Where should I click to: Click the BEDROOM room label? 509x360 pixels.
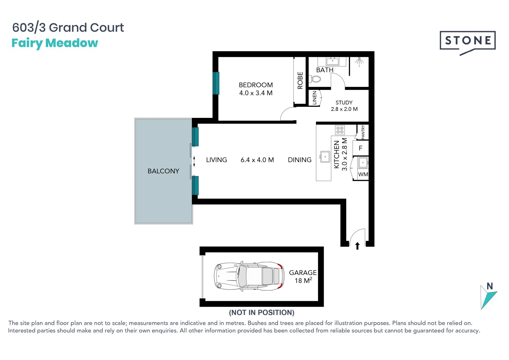click(256, 85)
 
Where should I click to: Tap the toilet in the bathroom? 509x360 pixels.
click(315, 79)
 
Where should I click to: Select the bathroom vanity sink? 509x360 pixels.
click(332, 61)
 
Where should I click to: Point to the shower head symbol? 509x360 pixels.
click(359, 61)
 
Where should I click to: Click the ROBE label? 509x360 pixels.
click(300, 81)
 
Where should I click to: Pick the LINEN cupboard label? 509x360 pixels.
click(314, 98)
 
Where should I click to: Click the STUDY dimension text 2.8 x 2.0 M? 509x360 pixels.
click(344, 109)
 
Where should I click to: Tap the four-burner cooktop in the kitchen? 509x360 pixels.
click(340, 130)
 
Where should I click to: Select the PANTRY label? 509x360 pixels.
click(363, 132)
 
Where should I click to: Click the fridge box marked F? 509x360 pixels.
click(361, 148)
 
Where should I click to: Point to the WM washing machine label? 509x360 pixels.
click(363, 174)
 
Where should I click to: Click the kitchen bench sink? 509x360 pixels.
click(325, 157)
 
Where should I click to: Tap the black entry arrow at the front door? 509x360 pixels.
click(357, 246)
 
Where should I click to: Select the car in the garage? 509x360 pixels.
click(249, 277)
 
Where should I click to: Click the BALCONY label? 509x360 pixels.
click(163, 171)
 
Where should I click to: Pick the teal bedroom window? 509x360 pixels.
click(216, 83)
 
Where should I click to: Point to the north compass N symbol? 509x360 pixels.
click(489, 296)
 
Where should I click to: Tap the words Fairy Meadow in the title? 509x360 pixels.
click(55, 43)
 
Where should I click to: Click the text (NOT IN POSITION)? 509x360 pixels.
click(262, 313)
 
